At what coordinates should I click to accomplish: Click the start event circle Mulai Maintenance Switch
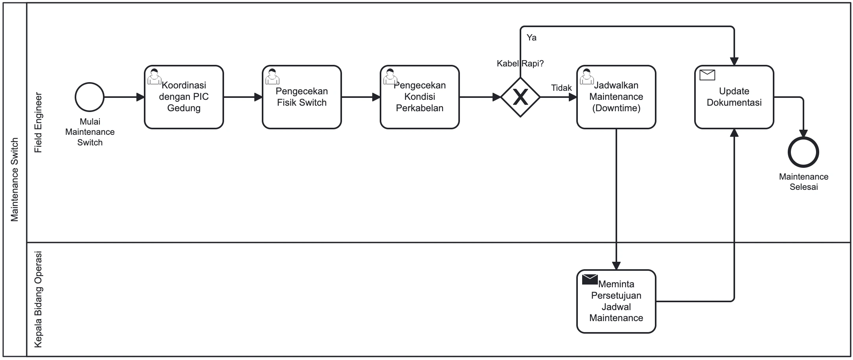(x=90, y=97)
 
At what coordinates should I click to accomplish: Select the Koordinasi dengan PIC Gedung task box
(x=184, y=97)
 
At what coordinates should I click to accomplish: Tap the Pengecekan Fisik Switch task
(x=301, y=97)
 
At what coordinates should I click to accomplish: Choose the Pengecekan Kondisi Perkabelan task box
(x=419, y=97)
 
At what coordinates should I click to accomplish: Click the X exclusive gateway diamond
(x=520, y=97)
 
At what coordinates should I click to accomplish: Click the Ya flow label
(x=531, y=38)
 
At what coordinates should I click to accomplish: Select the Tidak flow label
(x=561, y=88)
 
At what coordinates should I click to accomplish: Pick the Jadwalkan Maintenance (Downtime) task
(x=616, y=97)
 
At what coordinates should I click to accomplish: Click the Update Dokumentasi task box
(x=734, y=97)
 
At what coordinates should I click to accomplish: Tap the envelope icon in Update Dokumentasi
(x=707, y=75)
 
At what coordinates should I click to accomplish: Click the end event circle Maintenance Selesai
(x=803, y=152)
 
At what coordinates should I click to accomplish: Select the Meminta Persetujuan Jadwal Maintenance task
(x=616, y=301)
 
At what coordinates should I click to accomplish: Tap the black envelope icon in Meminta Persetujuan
(x=590, y=279)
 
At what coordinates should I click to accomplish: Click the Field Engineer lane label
(x=38, y=123)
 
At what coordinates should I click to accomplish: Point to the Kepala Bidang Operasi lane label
(x=38, y=299)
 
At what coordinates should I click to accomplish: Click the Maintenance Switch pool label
(x=15, y=180)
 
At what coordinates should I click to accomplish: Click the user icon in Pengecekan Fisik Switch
(x=272, y=76)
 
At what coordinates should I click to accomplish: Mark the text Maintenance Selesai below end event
(x=803, y=182)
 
